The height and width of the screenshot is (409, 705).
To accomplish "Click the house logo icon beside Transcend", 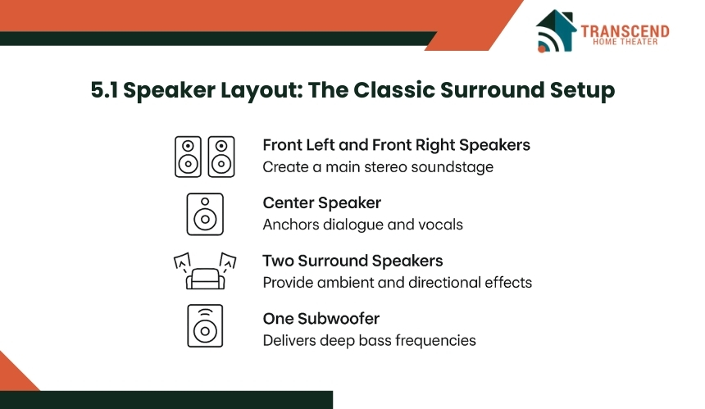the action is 556,30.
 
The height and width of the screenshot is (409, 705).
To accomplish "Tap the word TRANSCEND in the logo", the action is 625,31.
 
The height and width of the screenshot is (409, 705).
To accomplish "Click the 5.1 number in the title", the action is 104,90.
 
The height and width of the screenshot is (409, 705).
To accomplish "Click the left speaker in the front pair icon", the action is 188,157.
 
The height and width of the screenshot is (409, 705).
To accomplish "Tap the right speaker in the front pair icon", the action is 221,157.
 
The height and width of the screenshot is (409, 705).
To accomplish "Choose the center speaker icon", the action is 205,215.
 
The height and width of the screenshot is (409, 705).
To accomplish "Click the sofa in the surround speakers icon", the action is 205,279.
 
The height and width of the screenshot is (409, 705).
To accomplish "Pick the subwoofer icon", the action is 205,326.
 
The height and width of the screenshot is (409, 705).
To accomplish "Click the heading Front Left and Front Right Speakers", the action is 396,145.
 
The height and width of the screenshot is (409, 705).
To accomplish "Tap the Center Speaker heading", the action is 322,203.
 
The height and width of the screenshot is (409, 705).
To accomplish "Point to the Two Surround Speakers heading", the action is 353,261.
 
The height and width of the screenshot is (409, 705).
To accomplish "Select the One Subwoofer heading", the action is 321,319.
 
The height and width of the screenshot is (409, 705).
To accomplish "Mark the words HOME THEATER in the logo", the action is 625,42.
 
